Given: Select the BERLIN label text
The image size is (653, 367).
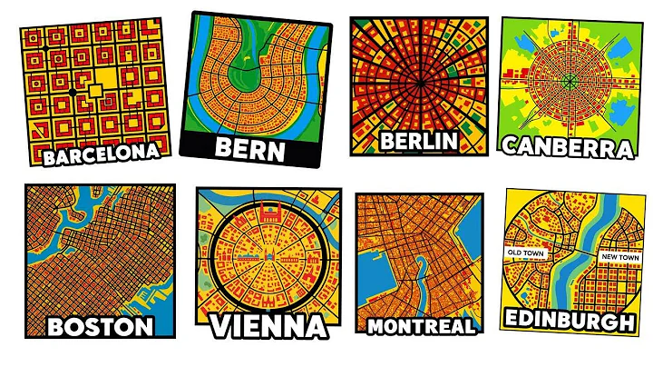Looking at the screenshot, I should (x=416, y=141).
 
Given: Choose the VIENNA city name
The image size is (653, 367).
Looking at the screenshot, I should (x=268, y=326).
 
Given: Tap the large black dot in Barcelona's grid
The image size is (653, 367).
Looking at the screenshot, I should (x=72, y=92).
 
